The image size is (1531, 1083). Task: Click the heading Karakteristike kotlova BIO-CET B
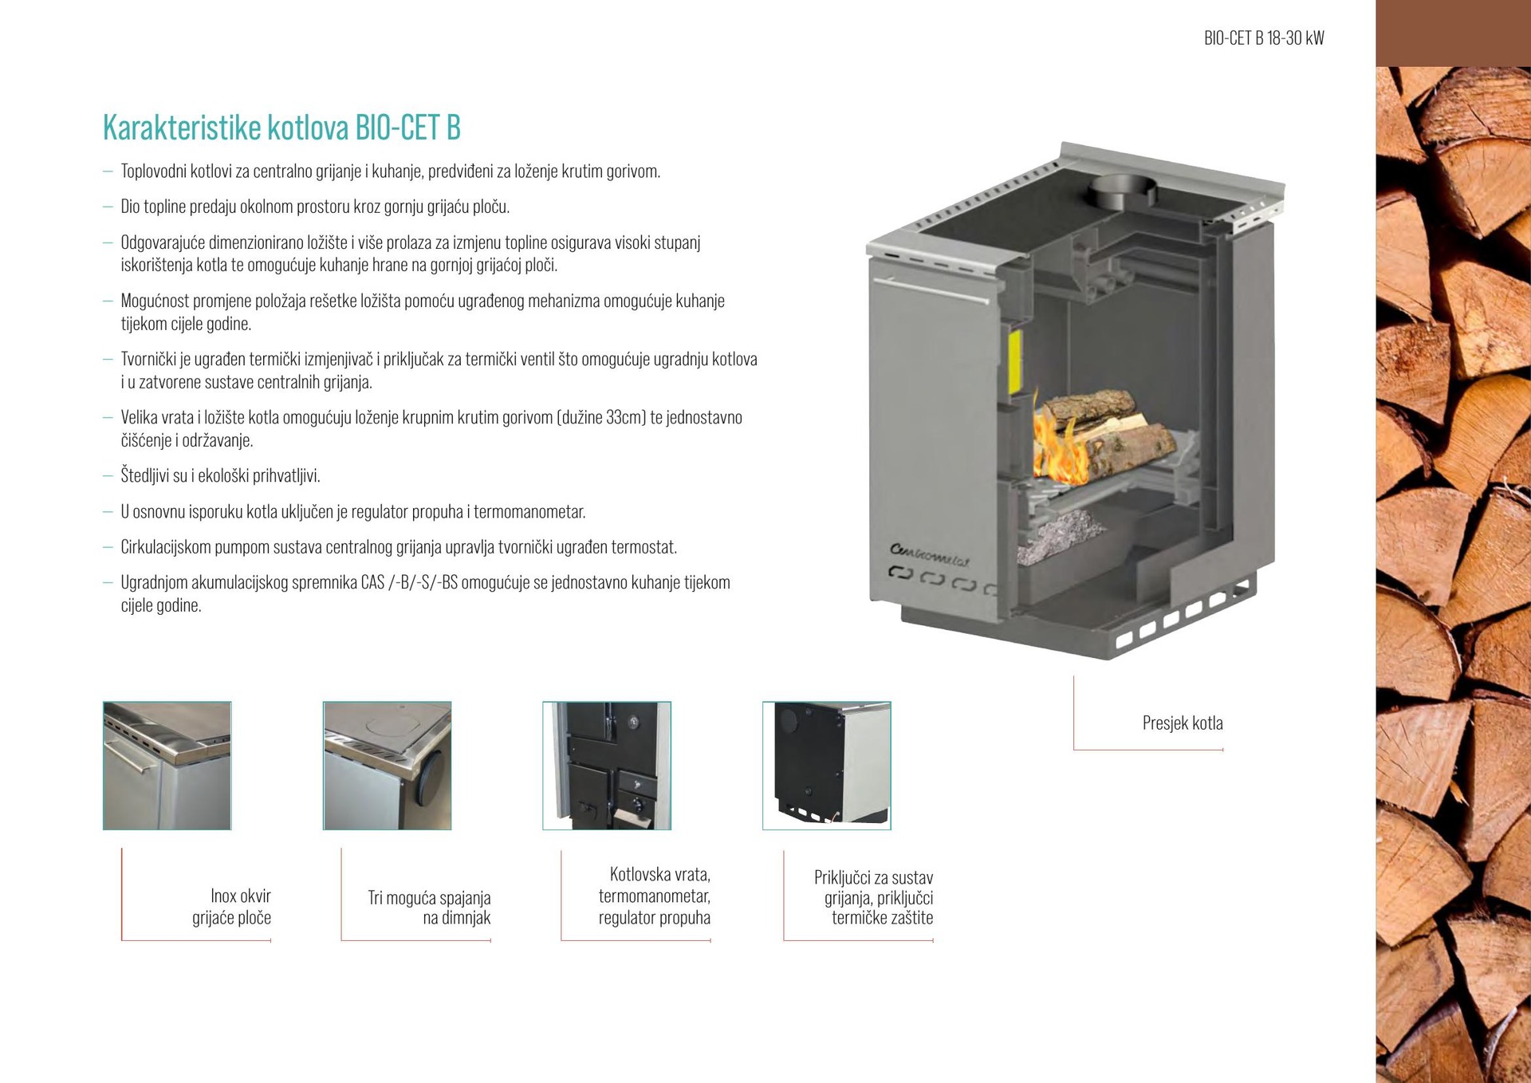tap(281, 128)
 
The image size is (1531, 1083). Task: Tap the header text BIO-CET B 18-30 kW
tap(1264, 38)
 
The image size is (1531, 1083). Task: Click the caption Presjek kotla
tap(1183, 723)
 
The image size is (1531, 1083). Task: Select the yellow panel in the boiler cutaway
tap(1014, 362)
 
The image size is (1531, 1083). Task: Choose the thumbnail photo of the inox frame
tap(167, 766)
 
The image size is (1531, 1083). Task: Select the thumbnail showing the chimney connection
tap(388, 766)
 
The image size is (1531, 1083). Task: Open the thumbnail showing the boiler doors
tap(607, 766)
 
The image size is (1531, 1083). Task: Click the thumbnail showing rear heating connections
tap(827, 766)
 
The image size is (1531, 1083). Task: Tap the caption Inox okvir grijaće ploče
tap(232, 907)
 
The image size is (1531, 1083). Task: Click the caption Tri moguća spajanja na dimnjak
tap(430, 908)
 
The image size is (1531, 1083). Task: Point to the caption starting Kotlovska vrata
tap(655, 896)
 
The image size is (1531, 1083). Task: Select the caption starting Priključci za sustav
tap(874, 898)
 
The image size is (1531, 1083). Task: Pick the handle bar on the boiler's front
tap(931, 289)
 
